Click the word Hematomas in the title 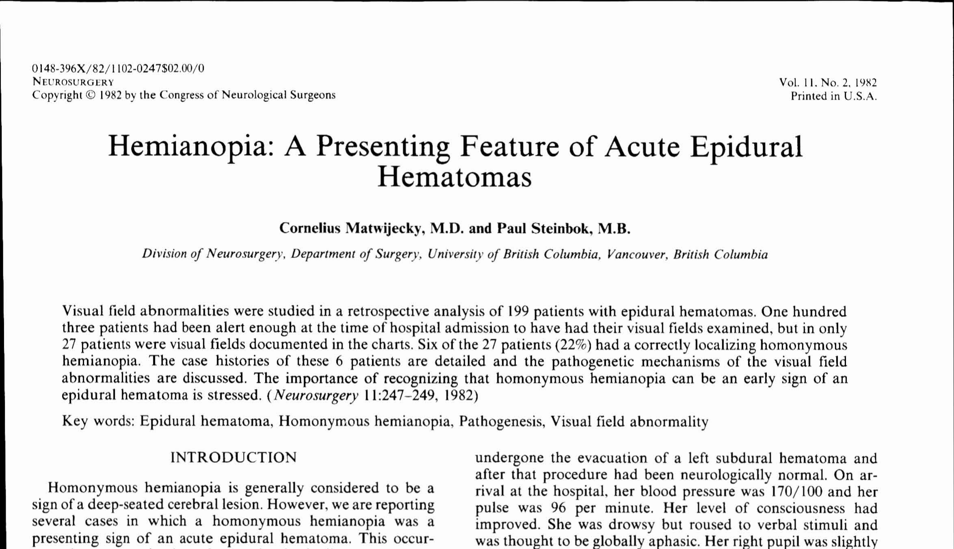454,177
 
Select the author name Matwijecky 384,229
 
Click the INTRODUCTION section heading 233,458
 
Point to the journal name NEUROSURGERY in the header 73,82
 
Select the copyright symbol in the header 90,95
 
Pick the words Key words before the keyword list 98,421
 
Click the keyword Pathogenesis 502,421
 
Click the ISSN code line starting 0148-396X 118,68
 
